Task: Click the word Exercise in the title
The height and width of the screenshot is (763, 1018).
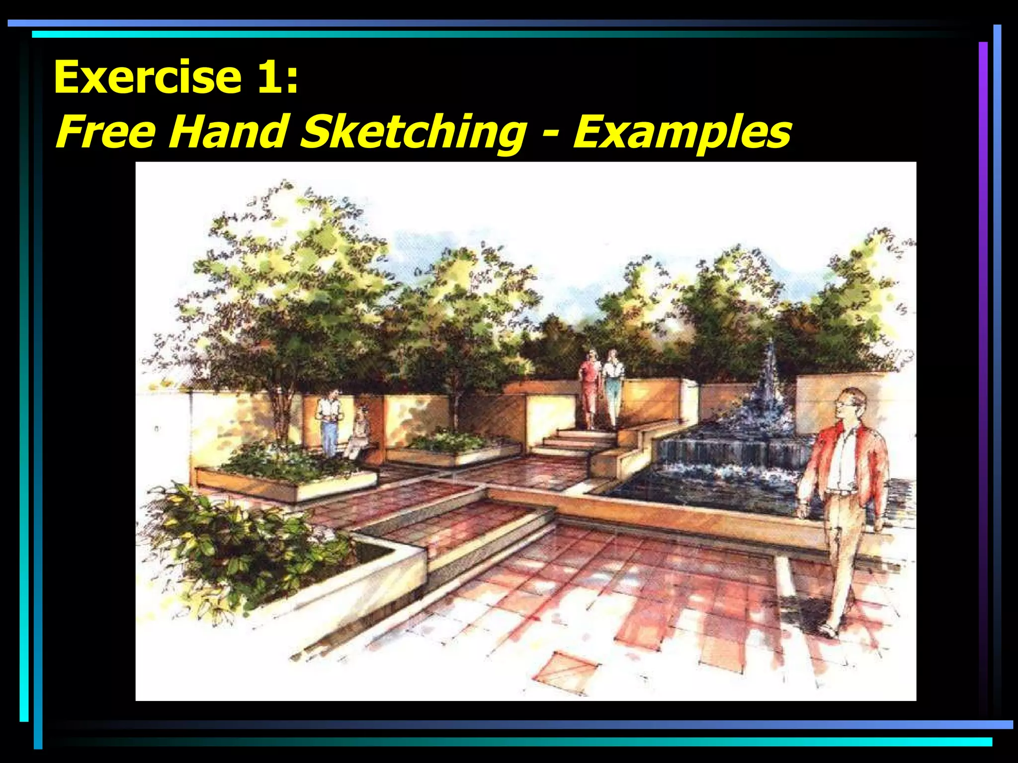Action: coord(148,77)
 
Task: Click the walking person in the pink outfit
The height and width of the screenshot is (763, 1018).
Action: coord(590,387)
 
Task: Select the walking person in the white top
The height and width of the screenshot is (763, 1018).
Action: coord(613,385)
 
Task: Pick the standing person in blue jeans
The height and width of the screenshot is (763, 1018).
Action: coord(329,422)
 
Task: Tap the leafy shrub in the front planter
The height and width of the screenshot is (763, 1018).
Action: coord(239,541)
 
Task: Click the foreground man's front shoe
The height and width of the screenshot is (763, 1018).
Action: coord(829,631)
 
